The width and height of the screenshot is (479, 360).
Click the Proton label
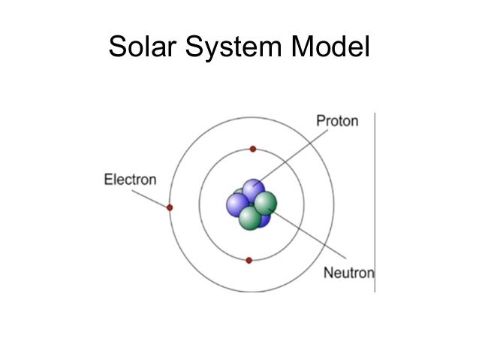tap(337, 121)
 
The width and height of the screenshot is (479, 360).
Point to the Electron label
tap(130, 180)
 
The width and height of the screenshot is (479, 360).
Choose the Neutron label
tap(348, 272)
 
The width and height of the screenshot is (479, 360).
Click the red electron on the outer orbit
tap(170, 207)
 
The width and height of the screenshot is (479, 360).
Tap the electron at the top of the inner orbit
tap(253, 149)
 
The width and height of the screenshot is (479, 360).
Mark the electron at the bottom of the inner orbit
tap(249, 260)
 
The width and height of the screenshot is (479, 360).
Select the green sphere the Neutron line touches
tap(266, 202)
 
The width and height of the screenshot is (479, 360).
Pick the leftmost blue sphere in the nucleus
tap(237, 204)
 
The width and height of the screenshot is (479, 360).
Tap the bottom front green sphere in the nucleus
tap(250, 218)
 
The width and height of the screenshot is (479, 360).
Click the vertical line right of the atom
tap(374, 203)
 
